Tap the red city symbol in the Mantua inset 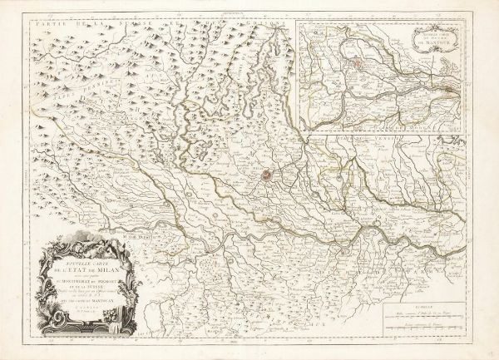coord(357,62)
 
